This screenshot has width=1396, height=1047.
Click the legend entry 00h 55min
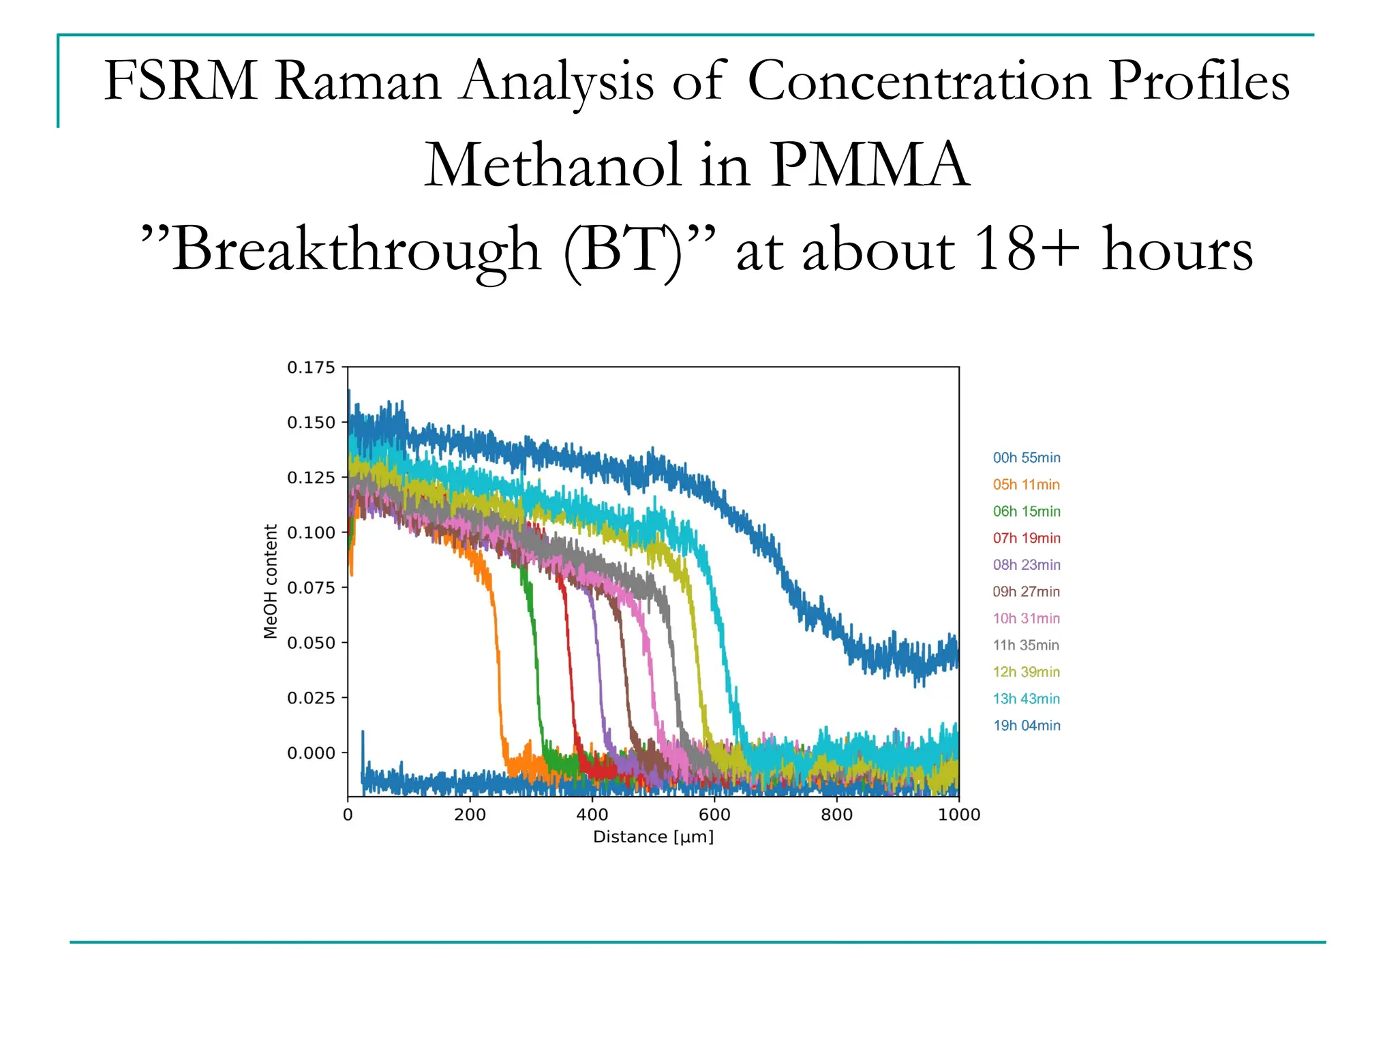(1026, 458)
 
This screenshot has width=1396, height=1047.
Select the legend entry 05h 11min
(1026, 485)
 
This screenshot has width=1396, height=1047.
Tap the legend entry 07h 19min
(1026, 538)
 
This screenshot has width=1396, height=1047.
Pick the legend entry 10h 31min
(1026, 618)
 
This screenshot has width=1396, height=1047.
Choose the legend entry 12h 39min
(1026, 672)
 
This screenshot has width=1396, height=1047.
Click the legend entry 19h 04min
(1026, 725)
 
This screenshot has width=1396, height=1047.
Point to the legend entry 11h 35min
(1026, 646)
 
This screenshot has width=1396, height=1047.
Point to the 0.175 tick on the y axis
(311, 367)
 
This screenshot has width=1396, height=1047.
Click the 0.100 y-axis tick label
(311, 532)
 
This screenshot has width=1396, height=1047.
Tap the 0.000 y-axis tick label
(311, 753)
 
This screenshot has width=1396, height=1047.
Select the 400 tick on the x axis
(592, 815)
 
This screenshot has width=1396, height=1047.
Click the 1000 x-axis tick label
(958, 815)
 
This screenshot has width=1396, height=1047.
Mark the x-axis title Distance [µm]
(653, 837)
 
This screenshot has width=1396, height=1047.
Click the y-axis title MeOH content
(271, 581)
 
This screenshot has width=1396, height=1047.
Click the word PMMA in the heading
(869, 166)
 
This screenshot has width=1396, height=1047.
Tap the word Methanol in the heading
(553, 166)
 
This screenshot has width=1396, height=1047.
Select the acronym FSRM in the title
(180, 81)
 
